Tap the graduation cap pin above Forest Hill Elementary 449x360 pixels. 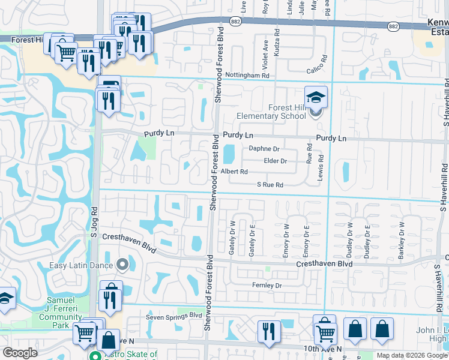tap(316, 97)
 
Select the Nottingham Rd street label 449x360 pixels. tap(247, 76)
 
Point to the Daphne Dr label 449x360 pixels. tap(265, 149)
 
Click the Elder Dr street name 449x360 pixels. tap(276, 161)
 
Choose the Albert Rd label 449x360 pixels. tap(234, 172)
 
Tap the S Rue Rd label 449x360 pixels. tap(270, 185)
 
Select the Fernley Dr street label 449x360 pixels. tap(267, 286)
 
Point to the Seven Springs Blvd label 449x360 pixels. tap(174, 315)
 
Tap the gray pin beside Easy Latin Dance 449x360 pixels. tap(123, 264)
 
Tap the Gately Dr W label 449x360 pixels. tap(232, 238)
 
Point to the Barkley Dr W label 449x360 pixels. tap(401, 241)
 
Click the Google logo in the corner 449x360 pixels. tap(20, 353)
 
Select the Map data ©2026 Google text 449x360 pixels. tap(412, 355)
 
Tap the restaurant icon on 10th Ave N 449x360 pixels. tap(269, 332)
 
